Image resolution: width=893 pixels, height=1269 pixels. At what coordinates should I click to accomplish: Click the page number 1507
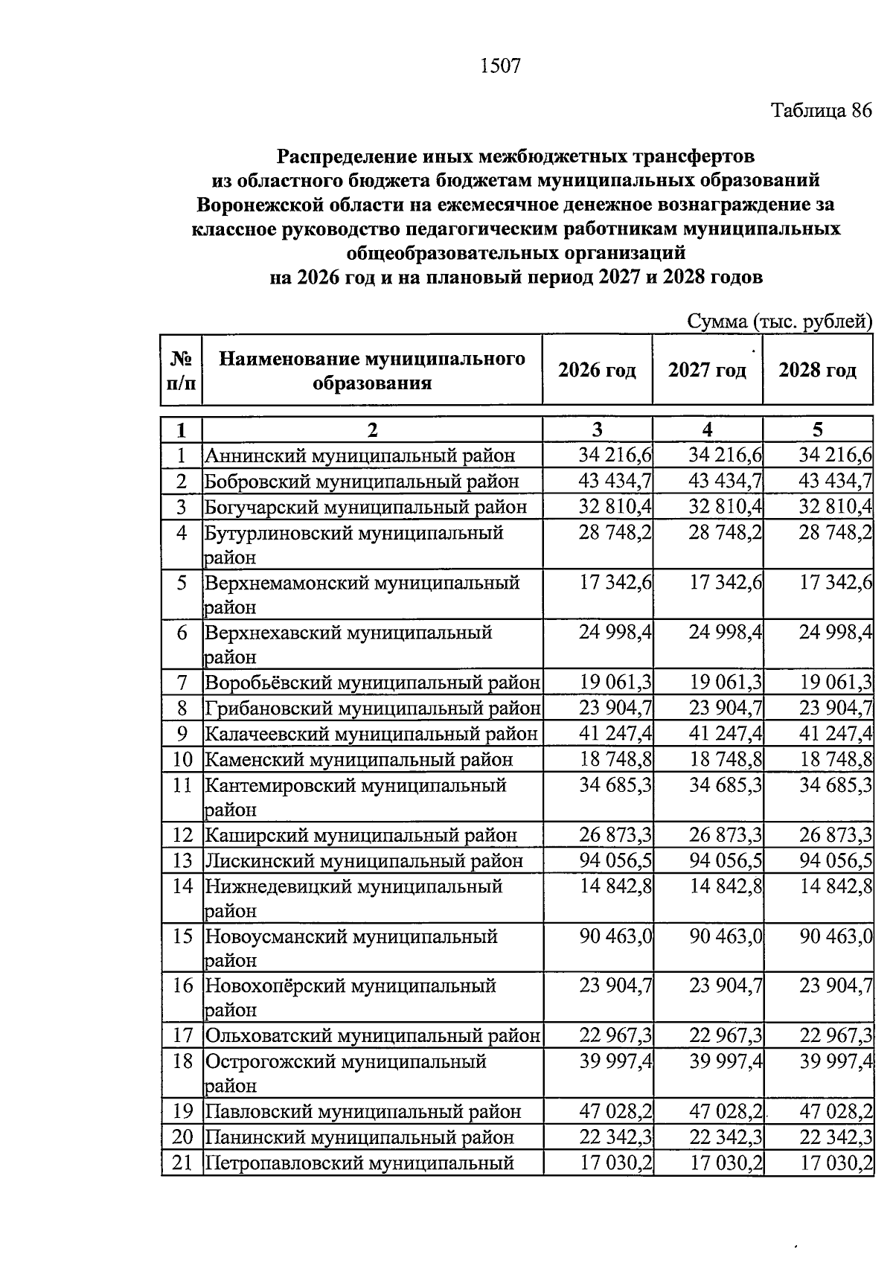tap(500, 66)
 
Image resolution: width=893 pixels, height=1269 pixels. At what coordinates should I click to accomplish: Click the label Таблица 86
tap(821, 112)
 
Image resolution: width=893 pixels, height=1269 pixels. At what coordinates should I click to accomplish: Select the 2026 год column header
tap(597, 370)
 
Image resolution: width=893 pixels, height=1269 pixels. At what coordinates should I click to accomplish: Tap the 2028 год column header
tap(817, 370)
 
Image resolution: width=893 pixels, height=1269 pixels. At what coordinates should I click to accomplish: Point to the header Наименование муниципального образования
tap(372, 371)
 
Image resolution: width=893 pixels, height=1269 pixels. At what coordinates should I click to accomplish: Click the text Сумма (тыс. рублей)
tap(779, 322)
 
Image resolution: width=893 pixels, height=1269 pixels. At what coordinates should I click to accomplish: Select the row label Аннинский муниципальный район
tap(359, 456)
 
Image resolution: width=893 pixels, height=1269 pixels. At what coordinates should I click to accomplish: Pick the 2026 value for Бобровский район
tap(615, 481)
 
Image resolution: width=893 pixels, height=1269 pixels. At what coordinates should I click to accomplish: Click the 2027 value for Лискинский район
tap(726, 860)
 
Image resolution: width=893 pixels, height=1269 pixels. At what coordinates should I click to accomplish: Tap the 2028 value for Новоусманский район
tap(836, 936)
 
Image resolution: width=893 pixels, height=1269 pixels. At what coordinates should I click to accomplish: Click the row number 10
tap(182, 760)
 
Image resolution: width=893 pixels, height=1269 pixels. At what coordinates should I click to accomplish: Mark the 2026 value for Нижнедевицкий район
tap(615, 886)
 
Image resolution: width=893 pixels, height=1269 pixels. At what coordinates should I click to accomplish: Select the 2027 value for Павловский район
tap(726, 1111)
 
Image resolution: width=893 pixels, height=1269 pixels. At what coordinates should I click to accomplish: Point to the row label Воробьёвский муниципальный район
tap(372, 683)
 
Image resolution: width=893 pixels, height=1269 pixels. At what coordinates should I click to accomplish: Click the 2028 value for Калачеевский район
tap(836, 734)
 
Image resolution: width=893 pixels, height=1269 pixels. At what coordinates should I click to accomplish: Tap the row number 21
tap(182, 1163)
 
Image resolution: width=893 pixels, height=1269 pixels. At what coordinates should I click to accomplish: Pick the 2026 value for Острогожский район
tap(615, 1061)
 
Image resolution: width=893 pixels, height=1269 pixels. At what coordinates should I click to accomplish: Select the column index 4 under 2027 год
tap(707, 429)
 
